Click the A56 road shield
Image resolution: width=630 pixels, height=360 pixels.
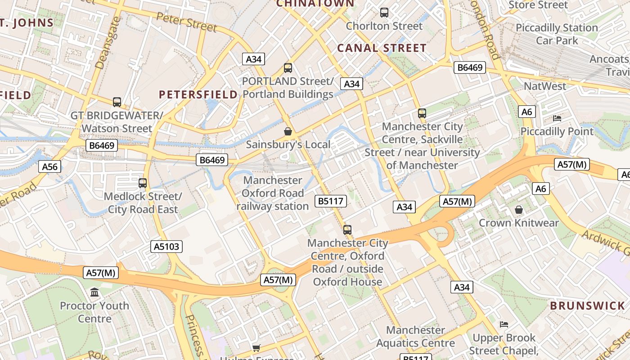tap(50, 166)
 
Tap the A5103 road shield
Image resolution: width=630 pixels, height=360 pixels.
tap(166, 246)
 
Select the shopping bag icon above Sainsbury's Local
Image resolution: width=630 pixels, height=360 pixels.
tap(288, 131)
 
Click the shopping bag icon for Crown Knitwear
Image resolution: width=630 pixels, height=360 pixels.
tap(519, 210)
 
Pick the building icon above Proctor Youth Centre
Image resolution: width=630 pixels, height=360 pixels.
tap(94, 292)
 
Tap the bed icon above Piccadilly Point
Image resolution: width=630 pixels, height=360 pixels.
tap(557, 118)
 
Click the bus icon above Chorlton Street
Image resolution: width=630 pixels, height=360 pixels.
tap(384, 13)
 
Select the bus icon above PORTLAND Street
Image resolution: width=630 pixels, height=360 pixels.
tap(288, 68)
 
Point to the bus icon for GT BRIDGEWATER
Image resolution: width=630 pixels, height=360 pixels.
tap(117, 102)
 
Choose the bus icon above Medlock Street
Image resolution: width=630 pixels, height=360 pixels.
tap(143, 183)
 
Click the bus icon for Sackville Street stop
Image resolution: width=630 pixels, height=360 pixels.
tap(422, 113)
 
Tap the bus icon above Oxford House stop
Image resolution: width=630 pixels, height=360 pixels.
tap(347, 230)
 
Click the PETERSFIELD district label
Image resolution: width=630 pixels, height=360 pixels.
tap(198, 94)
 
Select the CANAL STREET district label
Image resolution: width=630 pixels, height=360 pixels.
tap(382, 48)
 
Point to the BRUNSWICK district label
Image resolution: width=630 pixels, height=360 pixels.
tap(588, 306)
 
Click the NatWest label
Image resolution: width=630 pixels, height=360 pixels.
tap(545, 86)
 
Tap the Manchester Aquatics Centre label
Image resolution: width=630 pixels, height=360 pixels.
tap(415, 337)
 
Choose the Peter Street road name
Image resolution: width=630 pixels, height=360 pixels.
tap(186, 22)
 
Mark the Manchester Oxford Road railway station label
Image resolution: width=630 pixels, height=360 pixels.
tap(273, 193)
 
